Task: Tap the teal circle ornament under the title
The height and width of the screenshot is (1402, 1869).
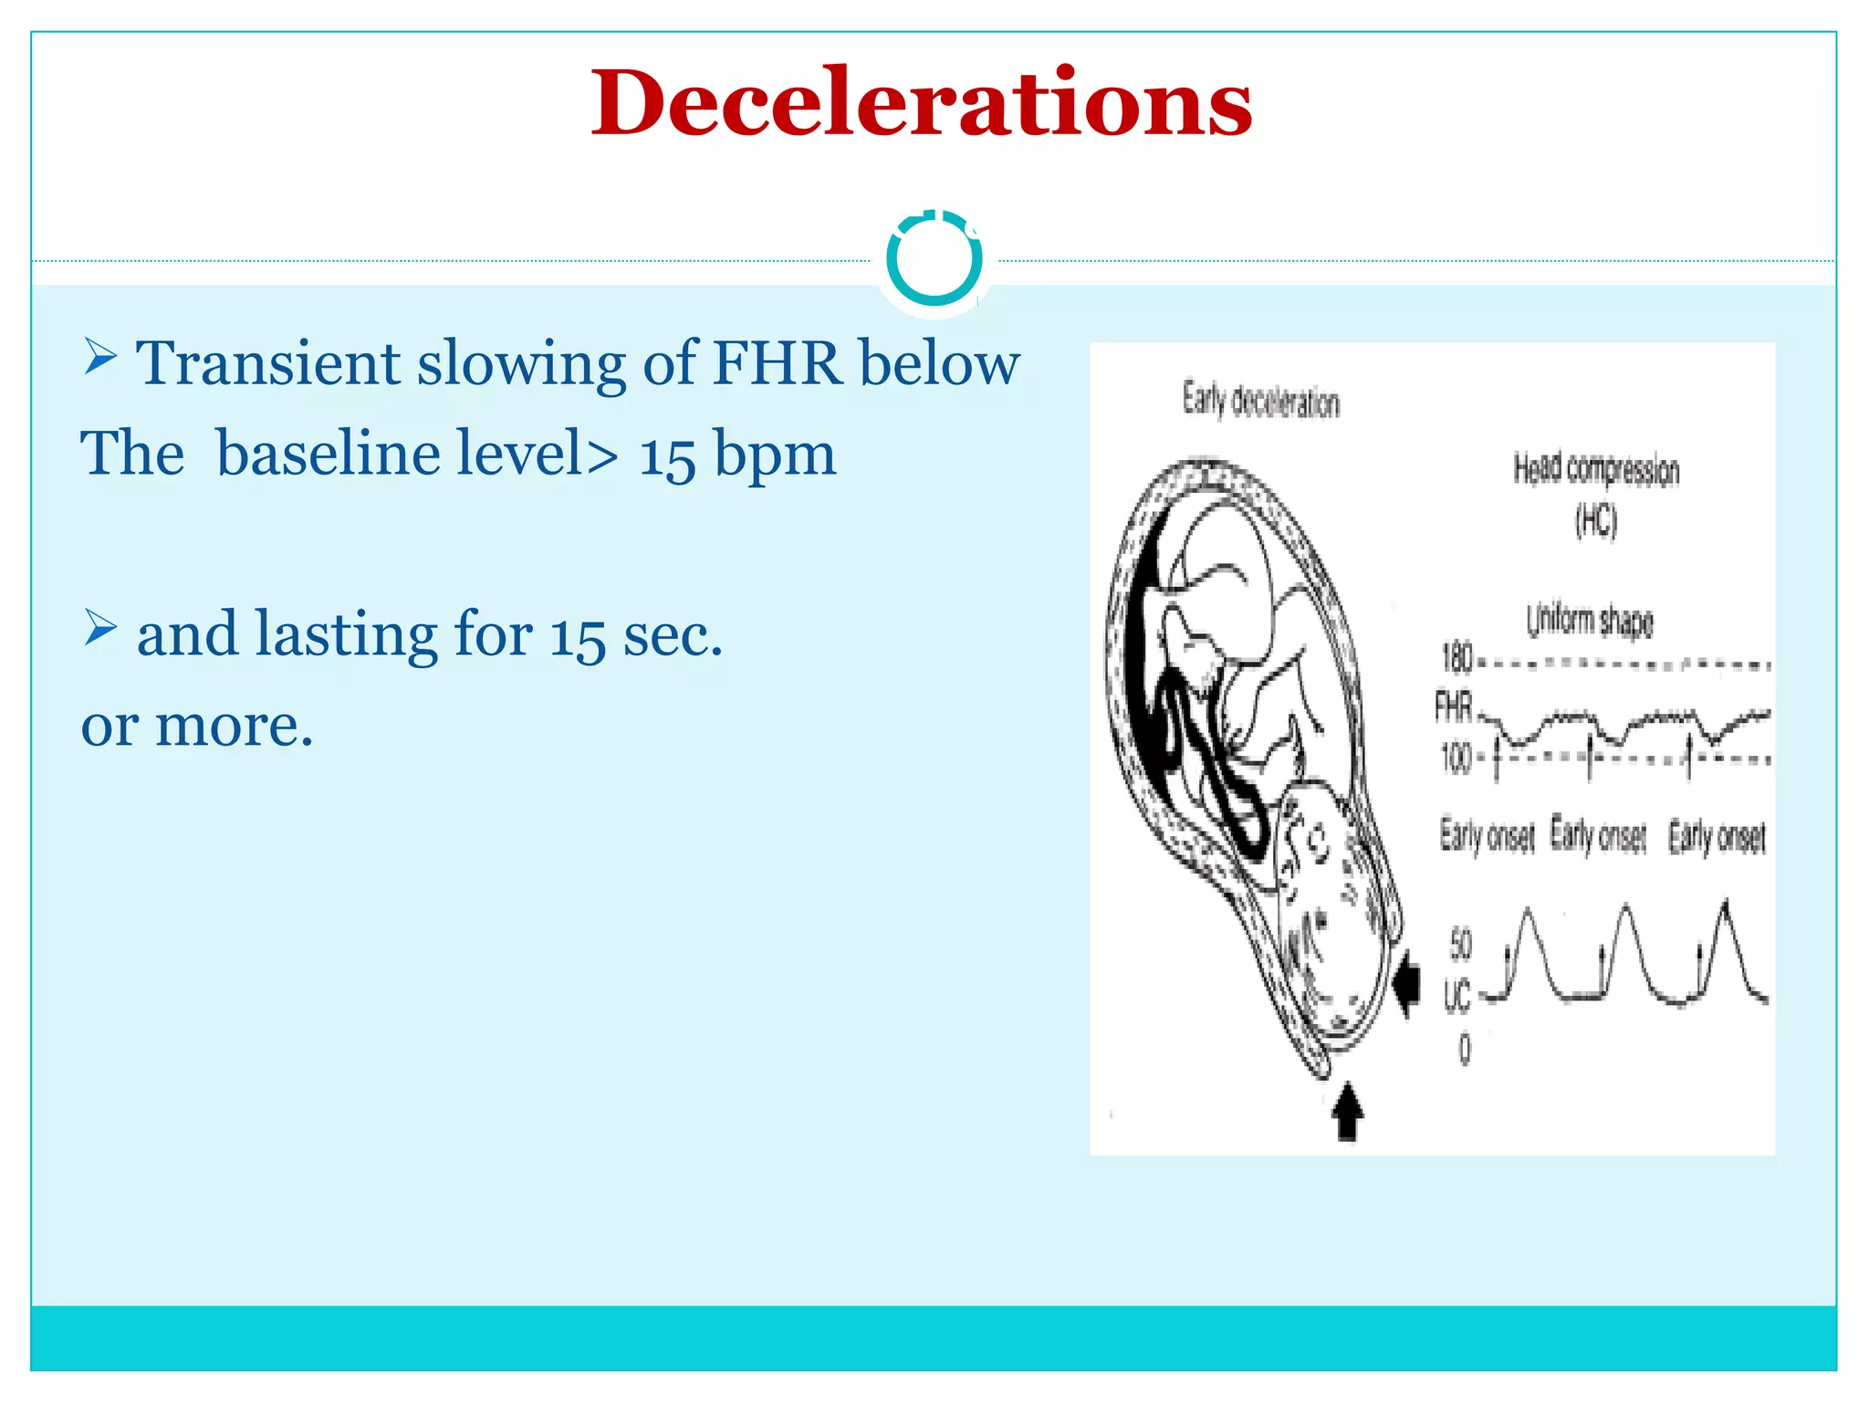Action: pyautogui.click(x=934, y=260)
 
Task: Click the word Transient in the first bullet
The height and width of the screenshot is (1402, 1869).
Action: pyautogui.click(x=267, y=364)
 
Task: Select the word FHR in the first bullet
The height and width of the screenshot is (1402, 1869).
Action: pyautogui.click(x=777, y=364)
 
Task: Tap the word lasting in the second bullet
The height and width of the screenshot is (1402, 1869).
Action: pyautogui.click(x=347, y=634)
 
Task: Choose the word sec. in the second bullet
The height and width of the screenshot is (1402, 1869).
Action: pyautogui.click(x=673, y=635)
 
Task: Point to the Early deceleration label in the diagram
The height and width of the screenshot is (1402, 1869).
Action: pyautogui.click(x=1261, y=401)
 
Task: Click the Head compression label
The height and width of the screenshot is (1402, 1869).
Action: pyautogui.click(x=1596, y=469)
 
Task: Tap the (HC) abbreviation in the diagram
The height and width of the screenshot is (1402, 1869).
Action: pyautogui.click(x=1596, y=521)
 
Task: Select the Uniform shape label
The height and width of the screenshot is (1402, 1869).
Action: pyautogui.click(x=1590, y=621)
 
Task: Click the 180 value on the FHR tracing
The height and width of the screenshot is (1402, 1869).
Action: pyautogui.click(x=1457, y=657)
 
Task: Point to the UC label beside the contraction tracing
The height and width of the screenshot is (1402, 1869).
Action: pyautogui.click(x=1457, y=995)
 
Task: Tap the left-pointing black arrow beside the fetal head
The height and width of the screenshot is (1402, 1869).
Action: pyautogui.click(x=1408, y=983)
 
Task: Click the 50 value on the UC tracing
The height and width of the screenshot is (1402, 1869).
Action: pyautogui.click(x=1461, y=944)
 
